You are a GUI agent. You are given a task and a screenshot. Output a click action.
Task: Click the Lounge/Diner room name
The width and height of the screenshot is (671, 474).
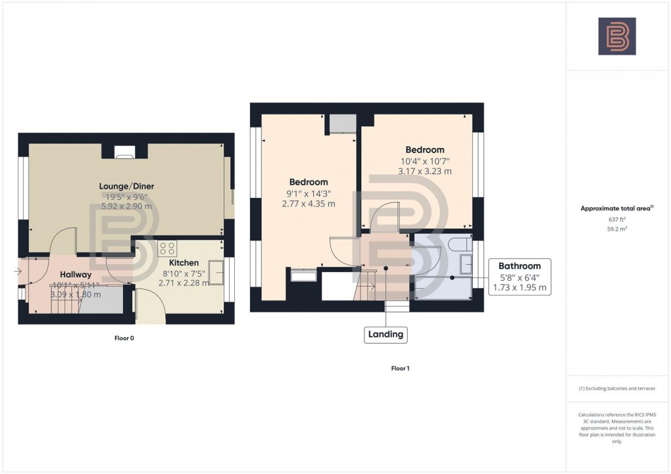[x=126, y=186]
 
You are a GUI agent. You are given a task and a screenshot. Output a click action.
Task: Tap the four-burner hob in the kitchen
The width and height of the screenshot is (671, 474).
[x=167, y=249]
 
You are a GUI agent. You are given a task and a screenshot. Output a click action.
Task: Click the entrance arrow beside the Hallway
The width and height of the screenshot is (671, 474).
[x=17, y=271]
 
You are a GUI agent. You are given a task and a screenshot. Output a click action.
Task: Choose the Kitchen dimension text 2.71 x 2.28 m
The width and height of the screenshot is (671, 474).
[x=184, y=283]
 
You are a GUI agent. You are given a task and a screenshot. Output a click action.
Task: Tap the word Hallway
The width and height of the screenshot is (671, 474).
[x=76, y=274]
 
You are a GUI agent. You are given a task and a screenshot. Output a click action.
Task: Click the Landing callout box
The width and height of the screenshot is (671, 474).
[x=385, y=335]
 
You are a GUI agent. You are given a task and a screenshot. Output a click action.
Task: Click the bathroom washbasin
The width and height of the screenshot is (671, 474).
[x=466, y=264]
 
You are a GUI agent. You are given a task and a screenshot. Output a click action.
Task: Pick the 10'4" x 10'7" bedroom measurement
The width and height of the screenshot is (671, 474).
[x=424, y=161]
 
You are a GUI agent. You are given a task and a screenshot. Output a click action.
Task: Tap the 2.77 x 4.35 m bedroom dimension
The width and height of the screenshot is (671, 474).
[x=309, y=204]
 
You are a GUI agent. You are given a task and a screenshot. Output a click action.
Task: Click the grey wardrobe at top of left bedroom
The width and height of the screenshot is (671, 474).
[x=342, y=124]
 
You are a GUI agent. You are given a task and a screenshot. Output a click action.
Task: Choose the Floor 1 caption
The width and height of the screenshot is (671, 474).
[x=400, y=369]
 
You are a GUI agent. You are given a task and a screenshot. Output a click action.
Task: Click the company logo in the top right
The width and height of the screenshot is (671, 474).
[x=616, y=36]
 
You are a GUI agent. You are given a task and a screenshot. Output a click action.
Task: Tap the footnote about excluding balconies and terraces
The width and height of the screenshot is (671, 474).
[x=616, y=389]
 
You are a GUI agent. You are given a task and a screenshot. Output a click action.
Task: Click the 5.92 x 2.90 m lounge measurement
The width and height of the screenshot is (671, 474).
[x=126, y=206]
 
